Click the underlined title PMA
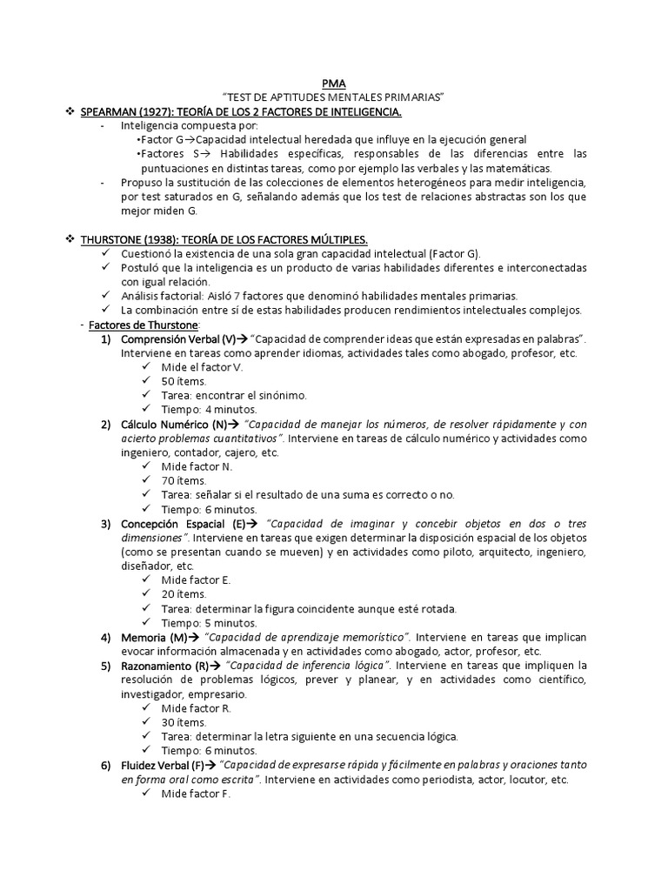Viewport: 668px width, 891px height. click(333, 84)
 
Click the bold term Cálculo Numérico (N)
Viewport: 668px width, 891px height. click(174, 424)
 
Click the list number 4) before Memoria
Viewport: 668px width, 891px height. click(105, 637)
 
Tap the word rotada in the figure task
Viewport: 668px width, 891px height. click(438, 608)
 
